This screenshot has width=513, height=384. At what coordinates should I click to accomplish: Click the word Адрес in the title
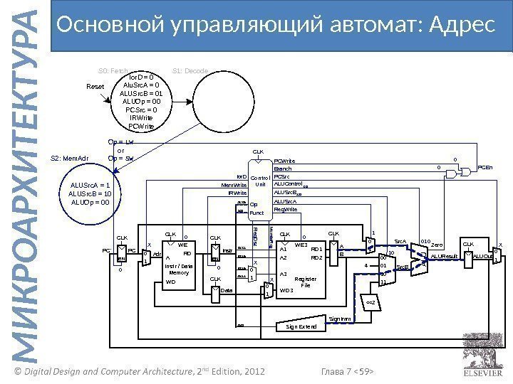click(460, 26)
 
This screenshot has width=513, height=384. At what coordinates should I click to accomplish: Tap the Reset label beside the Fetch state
click(95, 87)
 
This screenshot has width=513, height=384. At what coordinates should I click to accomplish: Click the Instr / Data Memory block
click(178, 268)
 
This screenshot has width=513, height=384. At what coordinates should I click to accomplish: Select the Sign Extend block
click(301, 326)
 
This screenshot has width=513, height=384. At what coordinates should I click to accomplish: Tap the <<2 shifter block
click(370, 302)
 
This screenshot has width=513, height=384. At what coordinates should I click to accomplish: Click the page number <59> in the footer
click(364, 371)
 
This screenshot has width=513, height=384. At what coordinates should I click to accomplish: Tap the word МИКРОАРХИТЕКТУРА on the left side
click(26, 192)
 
